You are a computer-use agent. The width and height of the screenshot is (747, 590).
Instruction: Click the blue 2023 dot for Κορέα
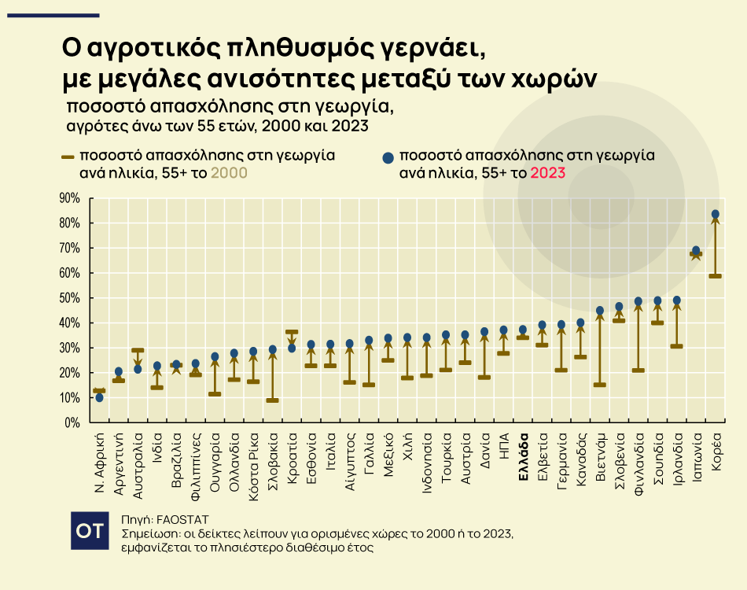click(715, 214)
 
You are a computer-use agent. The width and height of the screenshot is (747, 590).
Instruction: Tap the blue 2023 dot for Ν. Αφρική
click(99, 397)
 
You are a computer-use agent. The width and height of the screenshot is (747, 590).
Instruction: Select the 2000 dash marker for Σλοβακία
click(272, 400)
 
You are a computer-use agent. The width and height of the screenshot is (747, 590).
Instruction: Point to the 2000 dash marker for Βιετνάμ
click(600, 385)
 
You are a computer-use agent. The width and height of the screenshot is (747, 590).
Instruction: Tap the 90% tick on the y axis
click(70, 198)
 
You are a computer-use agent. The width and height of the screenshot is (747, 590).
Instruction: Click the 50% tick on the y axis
click(70, 298)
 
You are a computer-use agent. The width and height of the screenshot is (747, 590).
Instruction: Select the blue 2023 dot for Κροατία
click(292, 348)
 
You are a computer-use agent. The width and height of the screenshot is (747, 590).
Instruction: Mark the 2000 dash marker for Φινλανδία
click(638, 370)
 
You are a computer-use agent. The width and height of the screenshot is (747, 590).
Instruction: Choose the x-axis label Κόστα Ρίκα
click(253, 464)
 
